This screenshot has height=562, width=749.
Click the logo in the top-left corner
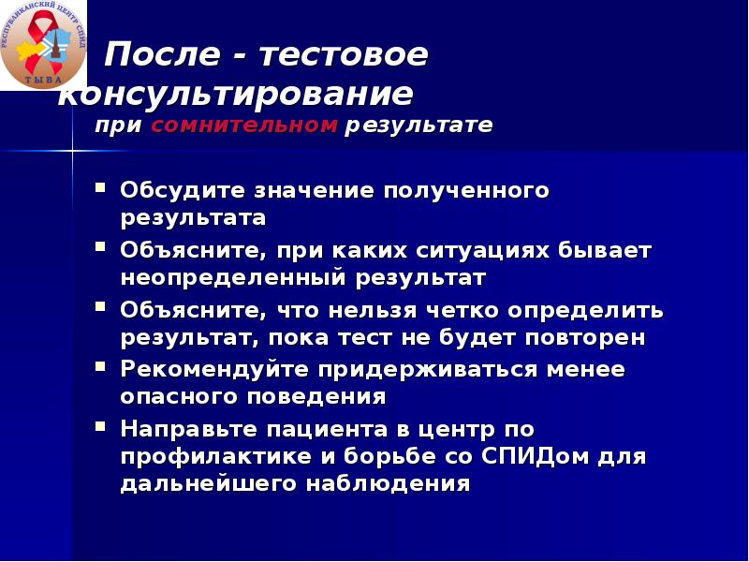pos(43,44)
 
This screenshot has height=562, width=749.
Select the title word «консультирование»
pos(235,95)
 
